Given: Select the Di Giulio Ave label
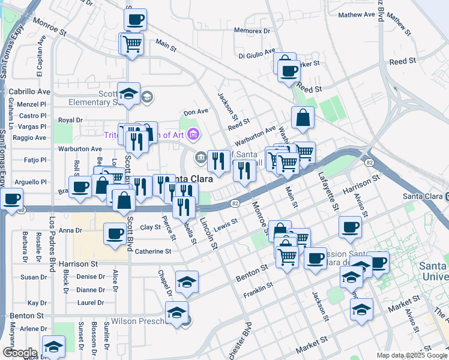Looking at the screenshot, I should click(256, 55).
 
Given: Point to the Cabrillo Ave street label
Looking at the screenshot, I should click(29, 92).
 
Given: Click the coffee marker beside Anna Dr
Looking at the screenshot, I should click(115, 234).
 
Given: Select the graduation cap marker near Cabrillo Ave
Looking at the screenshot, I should click(128, 94).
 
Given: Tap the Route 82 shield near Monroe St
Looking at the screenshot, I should click(235, 204).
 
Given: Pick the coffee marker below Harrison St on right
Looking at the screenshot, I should click(351, 227).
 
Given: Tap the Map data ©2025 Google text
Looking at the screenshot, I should click(411, 355).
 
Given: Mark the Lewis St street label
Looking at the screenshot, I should click(226, 225).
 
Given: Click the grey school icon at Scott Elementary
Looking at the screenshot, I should click(147, 96).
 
